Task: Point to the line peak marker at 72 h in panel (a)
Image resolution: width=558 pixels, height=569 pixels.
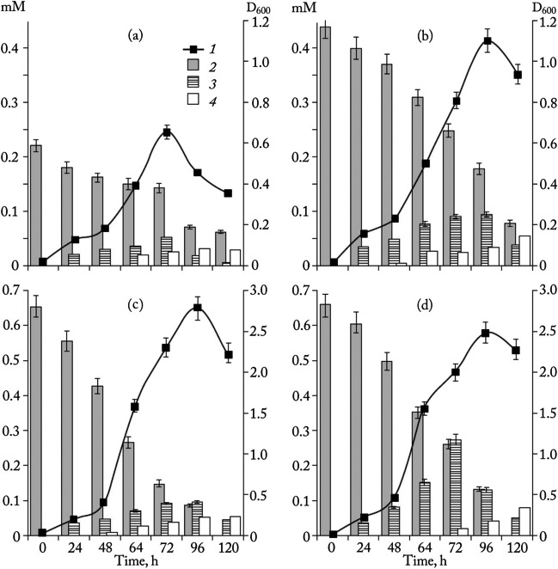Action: [167, 132]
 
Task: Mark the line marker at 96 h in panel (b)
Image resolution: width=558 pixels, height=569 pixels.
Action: [487, 40]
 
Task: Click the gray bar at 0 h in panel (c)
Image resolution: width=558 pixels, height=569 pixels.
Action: [35, 421]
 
